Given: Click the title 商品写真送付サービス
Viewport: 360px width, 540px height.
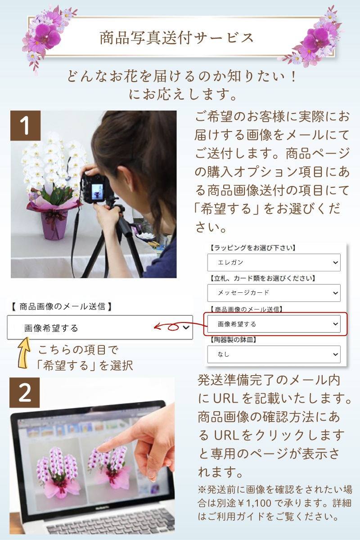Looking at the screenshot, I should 176,38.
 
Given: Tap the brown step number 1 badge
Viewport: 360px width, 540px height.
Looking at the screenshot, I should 26,126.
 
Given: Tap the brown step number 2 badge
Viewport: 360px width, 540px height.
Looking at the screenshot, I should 25,393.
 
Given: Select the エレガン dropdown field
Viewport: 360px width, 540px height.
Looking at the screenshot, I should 274,262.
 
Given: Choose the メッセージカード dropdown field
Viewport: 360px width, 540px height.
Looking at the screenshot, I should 274,293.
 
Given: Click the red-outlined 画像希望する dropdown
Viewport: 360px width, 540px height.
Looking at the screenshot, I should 274,324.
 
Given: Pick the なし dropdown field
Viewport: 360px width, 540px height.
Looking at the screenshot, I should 274,354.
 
